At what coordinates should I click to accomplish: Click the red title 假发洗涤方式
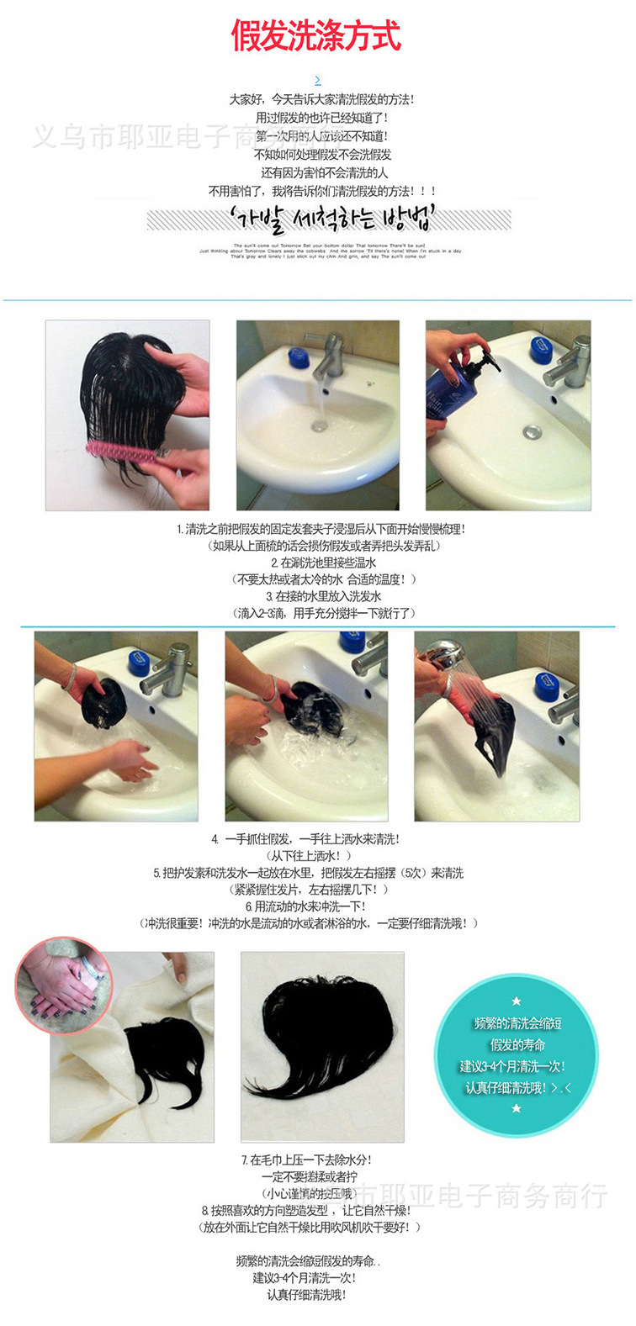pyautogui.click(x=317, y=36)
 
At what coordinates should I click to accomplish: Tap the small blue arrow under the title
pyautogui.click(x=317, y=81)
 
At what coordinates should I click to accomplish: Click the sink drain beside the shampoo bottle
pyautogui.click(x=530, y=432)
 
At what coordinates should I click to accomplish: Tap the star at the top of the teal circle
pyautogui.click(x=517, y=1001)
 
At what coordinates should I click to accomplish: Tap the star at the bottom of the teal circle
pyautogui.click(x=517, y=1108)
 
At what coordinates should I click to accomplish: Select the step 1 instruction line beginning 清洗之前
pyautogui.click(x=321, y=529)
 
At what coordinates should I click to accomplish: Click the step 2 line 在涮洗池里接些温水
pyautogui.click(x=323, y=563)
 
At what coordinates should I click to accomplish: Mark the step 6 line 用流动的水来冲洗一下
pyautogui.click(x=305, y=906)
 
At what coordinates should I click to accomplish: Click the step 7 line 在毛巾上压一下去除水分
pyautogui.click(x=306, y=1160)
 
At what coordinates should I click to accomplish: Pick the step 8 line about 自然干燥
pyautogui.click(x=306, y=1211)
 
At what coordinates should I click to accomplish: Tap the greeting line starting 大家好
pyautogui.click(x=321, y=99)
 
